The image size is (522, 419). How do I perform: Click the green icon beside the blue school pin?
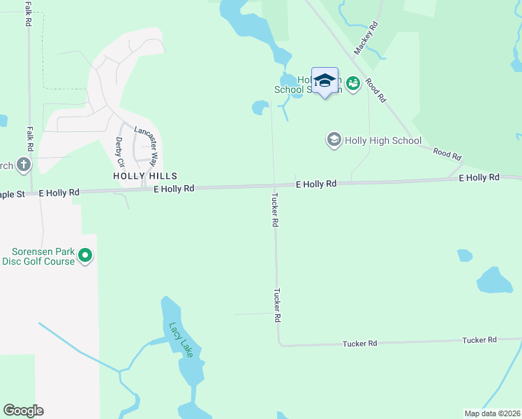pyautogui.click(x=352, y=84)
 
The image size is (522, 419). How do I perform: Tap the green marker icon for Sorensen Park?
pyautogui.click(x=85, y=256)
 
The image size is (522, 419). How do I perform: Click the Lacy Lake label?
pyautogui.click(x=180, y=339)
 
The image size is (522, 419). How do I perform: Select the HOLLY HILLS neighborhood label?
pyautogui.click(x=145, y=176)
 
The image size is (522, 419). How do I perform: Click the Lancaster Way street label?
pyautogui.click(x=147, y=145)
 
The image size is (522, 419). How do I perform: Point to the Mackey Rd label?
pyautogui.click(x=366, y=38)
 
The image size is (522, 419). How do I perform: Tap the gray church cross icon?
pyautogui.click(x=24, y=165)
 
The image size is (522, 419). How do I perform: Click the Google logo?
pyautogui.click(x=23, y=411)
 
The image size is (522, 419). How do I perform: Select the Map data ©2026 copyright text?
pyautogui.click(x=492, y=413)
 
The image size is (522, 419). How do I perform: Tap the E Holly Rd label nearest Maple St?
pyautogui.click(x=59, y=191)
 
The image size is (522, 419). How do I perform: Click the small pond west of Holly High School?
pyautogui.click(x=260, y=108)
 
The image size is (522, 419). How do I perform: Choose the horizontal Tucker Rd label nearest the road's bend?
pyautogui.click(x=359, y=344)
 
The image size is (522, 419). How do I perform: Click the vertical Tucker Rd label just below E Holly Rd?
pyautogui.click(x=275, y=209)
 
